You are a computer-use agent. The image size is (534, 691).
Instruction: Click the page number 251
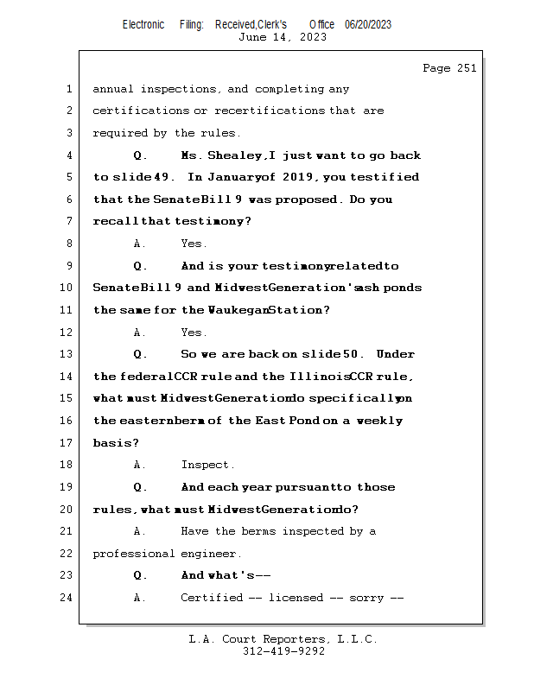pyautogui.click(x=467, y=68)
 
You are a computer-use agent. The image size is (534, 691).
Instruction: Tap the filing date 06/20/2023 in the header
pyautogui.click(x=368, y=25)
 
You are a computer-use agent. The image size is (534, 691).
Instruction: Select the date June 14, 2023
pyautogui.click(x=283, y=37)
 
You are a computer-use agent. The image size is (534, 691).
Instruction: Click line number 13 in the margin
pyautogui.click(x=67, y=354)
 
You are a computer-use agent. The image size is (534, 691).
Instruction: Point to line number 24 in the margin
pyautogui.click(x=67, y=598)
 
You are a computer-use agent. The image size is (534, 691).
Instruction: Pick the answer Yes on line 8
pyautogui.click(x=194, y=244)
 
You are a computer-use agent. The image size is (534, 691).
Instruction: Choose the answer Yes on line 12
pyautogui.click(x=194, y=333)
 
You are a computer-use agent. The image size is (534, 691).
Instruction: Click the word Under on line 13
pyautogui.click(x=396, y=354)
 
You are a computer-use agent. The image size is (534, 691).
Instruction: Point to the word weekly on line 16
pyautogui.click(x=379, y=421)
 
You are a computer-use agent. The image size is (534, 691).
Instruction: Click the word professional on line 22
pyautogui.click(x=134, y=554)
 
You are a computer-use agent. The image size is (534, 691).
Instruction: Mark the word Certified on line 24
pyautogui.click(x=212, y=598)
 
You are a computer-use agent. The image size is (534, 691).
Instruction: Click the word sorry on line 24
pyautogui.click(x=366, y=598)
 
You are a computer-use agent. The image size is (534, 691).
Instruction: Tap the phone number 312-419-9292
pyautogui.click(x=283, y=651)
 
